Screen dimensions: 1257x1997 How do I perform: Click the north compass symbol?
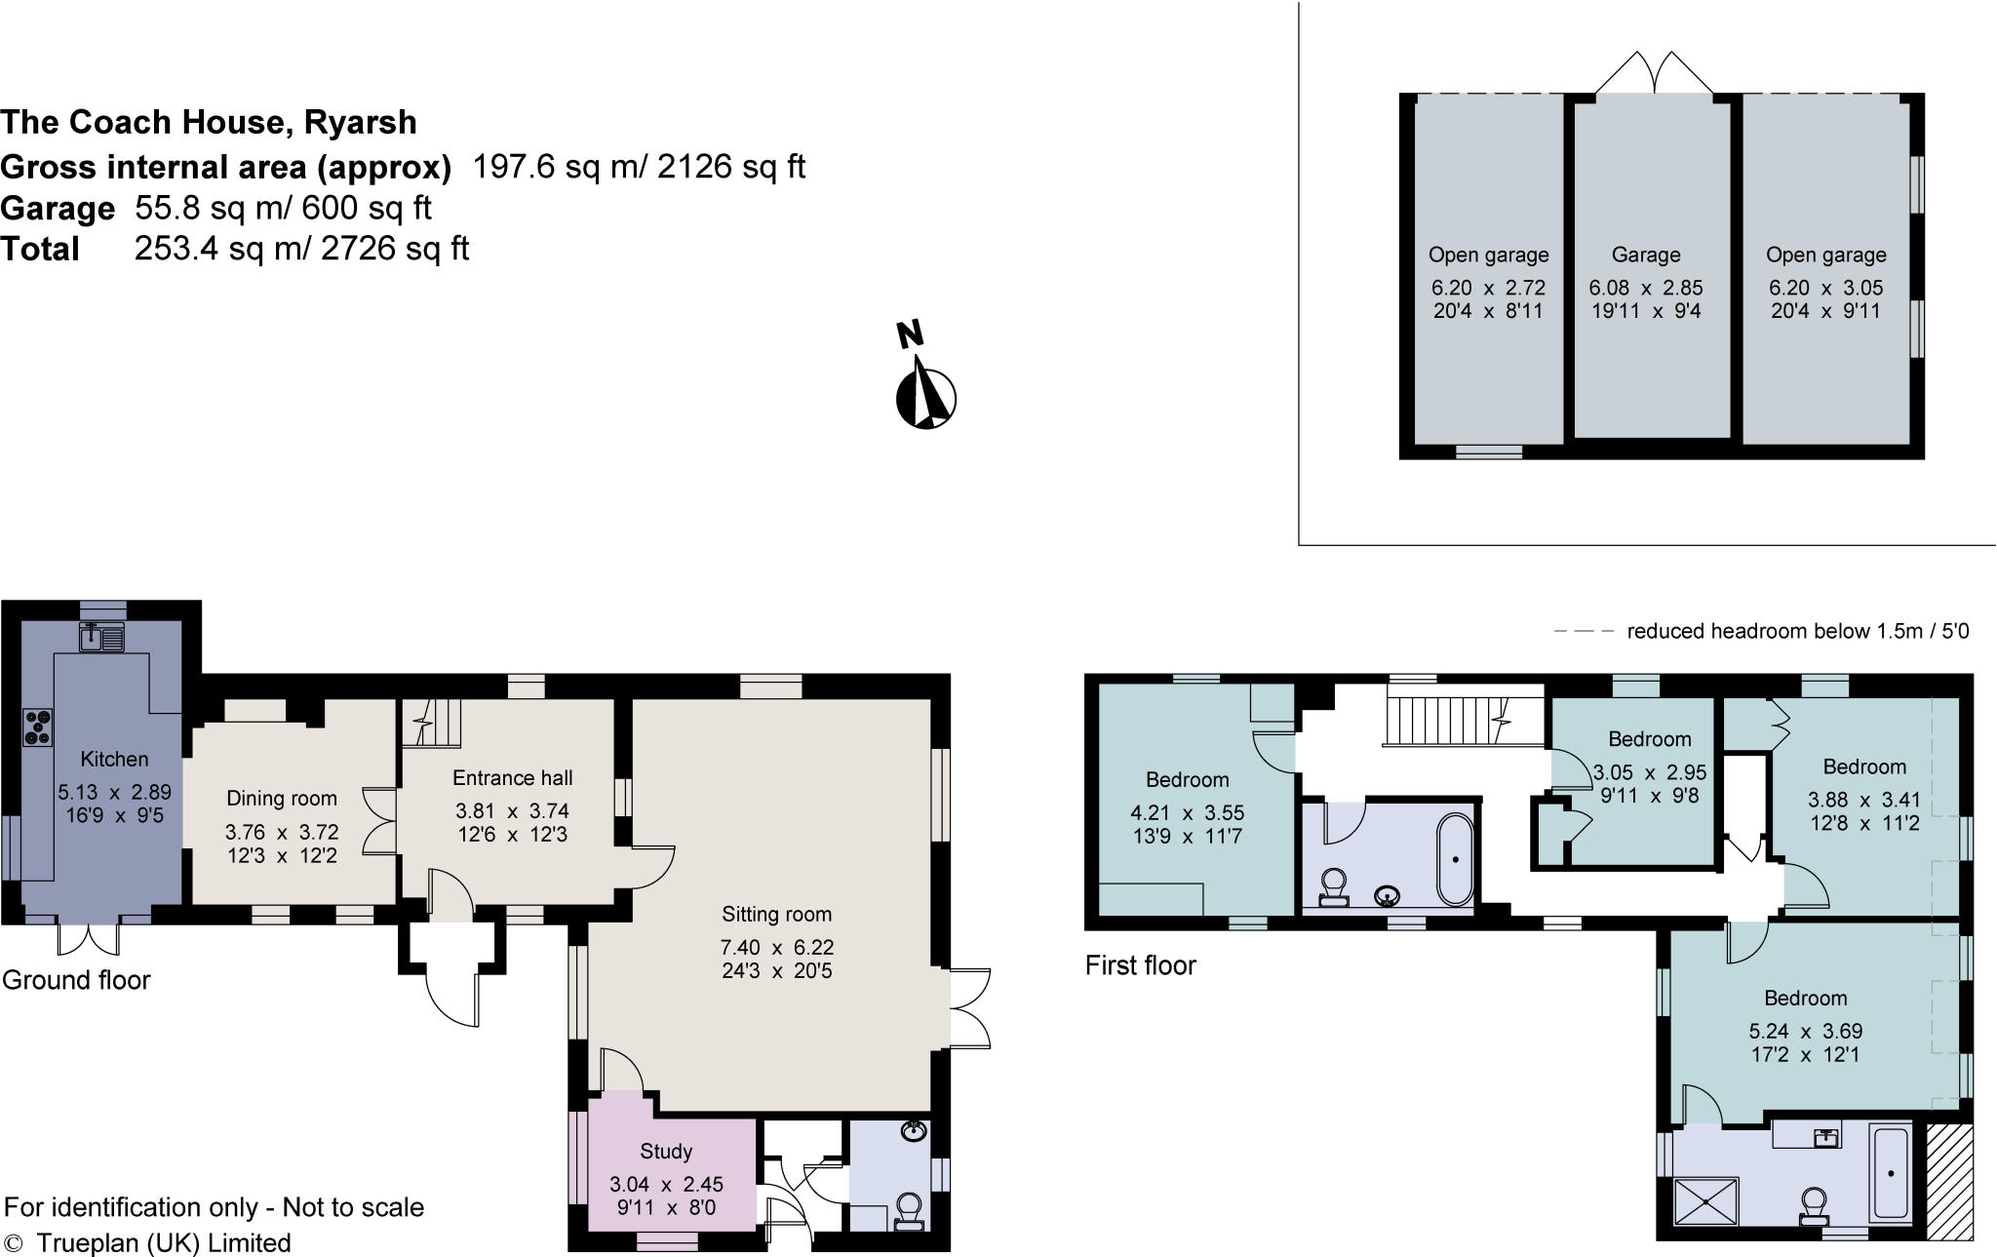[x=924, y=395]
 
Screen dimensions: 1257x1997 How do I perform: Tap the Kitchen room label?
[x=114, y=759]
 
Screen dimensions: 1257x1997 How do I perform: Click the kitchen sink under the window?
[x=101, y=638]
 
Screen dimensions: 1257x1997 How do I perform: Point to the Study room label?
[x=666, y=1152]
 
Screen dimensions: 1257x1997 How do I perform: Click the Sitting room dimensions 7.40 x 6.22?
[x=777, y=947]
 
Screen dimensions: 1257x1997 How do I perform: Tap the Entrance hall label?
[x=512, y=778]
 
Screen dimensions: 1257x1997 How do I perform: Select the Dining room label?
[x=281, y=799]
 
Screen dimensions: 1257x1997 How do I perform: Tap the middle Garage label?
[x=1646, y=255]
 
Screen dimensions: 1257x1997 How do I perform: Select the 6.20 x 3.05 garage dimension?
[x=1825, y=289]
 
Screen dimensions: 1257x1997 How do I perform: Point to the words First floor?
[x=1140, y=965]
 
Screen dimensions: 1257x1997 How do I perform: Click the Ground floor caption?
[x=76, y=980]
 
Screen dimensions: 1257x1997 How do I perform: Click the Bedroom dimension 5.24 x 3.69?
[x=1805, y=1031]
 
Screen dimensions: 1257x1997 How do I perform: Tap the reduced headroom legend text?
[x=1797, y=631]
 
